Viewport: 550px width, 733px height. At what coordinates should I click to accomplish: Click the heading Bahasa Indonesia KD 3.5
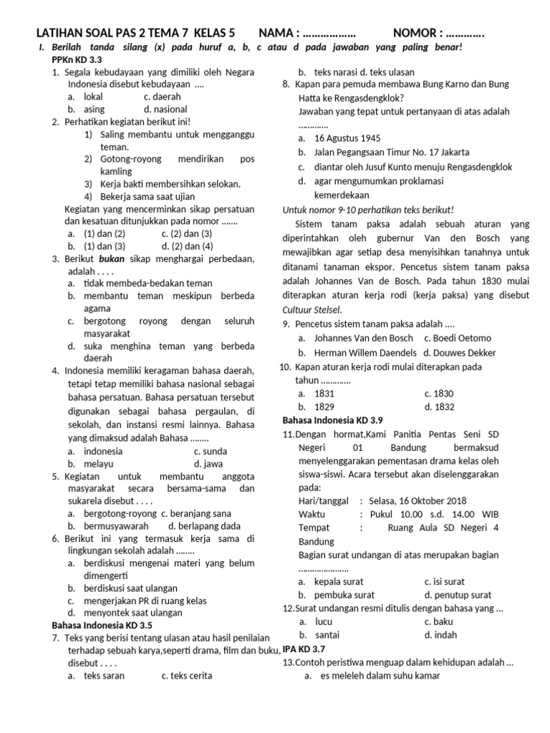coord(102,625)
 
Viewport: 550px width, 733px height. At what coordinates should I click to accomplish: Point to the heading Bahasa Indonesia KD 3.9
coord(332,419)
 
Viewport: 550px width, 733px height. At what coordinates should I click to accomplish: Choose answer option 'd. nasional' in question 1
coord(165,110)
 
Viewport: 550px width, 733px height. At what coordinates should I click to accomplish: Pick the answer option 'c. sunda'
coord(210,452)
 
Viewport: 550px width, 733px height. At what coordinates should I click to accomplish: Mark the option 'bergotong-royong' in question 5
coord(119,513)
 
